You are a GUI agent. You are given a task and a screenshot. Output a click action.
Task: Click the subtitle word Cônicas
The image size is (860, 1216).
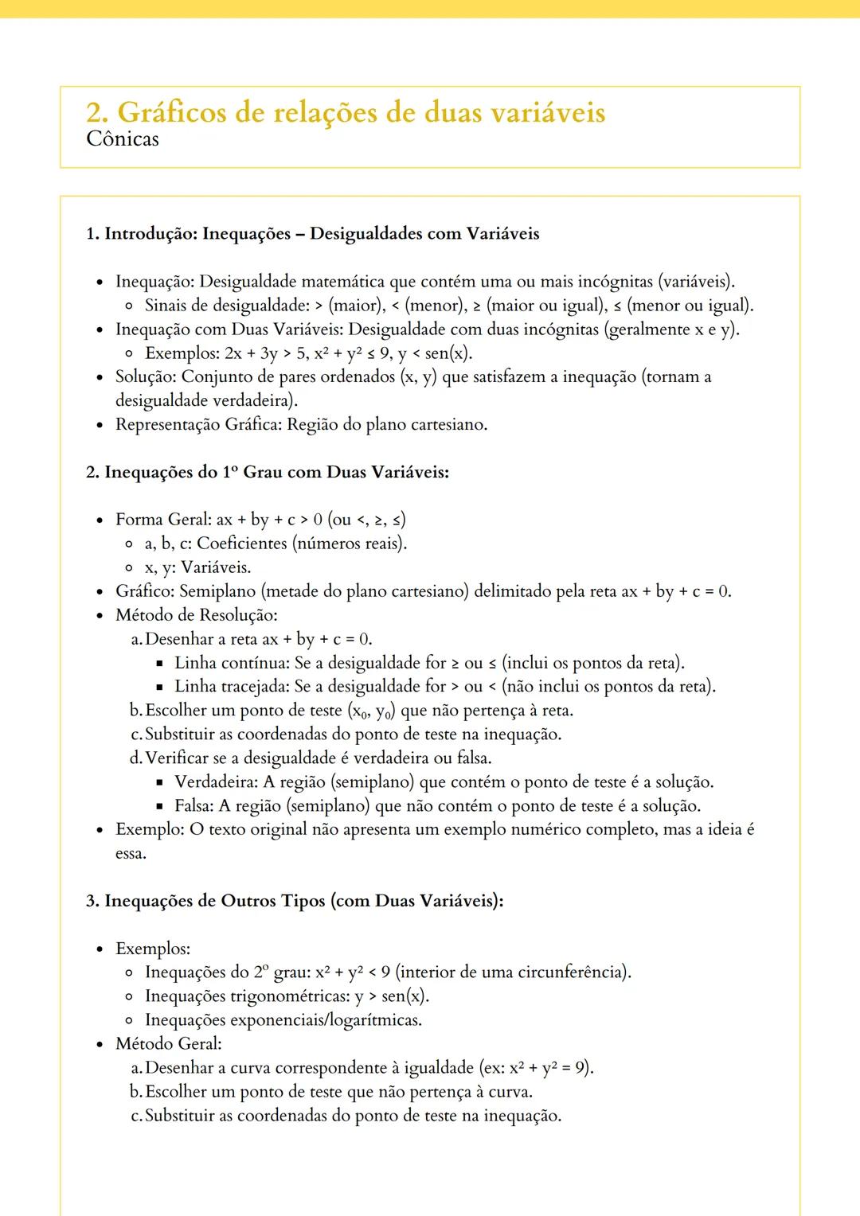123,139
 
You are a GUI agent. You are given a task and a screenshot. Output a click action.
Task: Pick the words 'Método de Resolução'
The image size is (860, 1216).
196,615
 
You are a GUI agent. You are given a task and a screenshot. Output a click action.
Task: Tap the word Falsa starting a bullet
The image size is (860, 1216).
193,806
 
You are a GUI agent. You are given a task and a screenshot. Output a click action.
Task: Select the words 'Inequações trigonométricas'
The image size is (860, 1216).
247,996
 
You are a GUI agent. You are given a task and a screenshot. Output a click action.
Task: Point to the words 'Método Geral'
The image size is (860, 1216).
168,1044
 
